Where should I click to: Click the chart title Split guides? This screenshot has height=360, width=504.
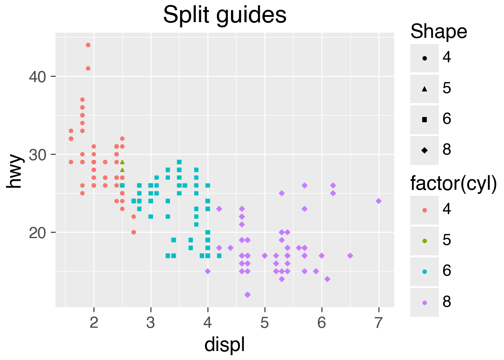click(225, 15)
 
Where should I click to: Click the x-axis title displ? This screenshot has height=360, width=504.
click(225, 344)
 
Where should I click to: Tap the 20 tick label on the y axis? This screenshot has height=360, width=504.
click(37, 232)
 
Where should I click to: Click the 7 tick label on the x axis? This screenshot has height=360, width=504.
click(379, 322)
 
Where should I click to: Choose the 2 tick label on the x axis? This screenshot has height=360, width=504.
click(94, 322)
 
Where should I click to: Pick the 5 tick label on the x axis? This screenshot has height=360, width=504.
click(265, 322)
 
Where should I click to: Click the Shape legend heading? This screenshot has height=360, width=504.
click(439, 31)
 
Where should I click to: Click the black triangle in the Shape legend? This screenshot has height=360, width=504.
click(424, 89)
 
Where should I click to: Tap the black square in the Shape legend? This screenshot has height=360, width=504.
click(424, 120)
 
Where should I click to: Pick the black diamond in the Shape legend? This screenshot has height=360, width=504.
click(424, 150)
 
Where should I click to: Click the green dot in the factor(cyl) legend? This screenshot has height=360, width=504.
click(424, 241)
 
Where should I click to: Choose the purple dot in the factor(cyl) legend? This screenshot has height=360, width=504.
click(424, 302)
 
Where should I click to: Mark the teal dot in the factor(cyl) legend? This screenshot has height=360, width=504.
click(424, 271)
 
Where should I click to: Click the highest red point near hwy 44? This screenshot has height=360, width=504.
click(88, 45)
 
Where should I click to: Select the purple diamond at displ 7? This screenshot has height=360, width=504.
click(379, 201)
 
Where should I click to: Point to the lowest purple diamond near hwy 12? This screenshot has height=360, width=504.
click(247, 295)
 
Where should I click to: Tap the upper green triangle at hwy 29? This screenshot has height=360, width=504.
click(122, 162)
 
